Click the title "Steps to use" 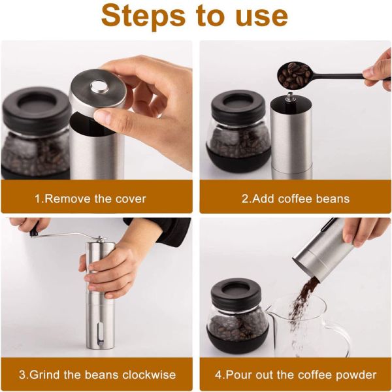(x=195, y=17)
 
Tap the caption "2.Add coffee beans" (x=295, y=199)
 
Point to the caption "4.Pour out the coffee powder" (x=295, y=375)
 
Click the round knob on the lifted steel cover (x=99, y=86)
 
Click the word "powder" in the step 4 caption (x=358, y=375)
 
